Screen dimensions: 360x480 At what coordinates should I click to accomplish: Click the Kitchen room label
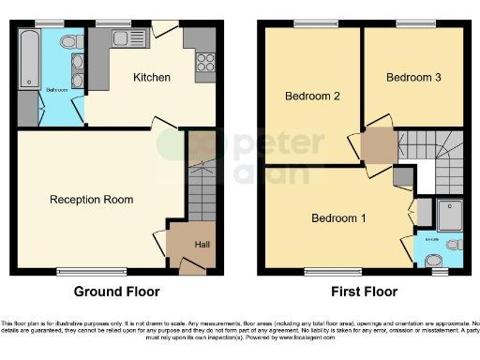click(x=151, y=77)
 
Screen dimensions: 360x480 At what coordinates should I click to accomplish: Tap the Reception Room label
click(x=92, y=200)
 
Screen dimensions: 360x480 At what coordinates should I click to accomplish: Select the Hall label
click(x=202, y=246)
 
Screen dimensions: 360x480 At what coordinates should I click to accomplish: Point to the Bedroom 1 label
click(x=338, y=219)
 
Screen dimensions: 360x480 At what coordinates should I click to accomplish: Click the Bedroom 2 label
click(x=312, y=96)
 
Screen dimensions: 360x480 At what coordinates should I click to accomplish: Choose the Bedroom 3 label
click(x=413, y=78)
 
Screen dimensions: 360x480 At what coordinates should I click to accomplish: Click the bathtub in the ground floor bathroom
click(x=28, y=58)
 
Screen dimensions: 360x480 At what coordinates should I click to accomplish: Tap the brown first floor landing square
click(x=379, y=145)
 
